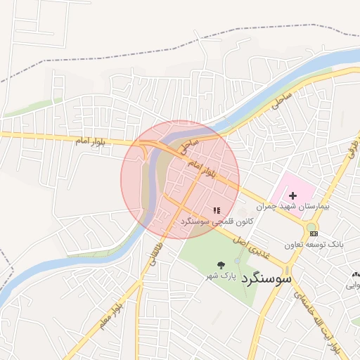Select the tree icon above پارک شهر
tap(221, 265)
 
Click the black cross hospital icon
tap(293, 195)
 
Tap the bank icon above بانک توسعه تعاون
tap(313, 233)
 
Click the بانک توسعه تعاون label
tap(314, 245)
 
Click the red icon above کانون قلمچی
tap(217, 210)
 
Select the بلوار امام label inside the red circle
tap(202, 167)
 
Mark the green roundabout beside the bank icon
tap(310, 227)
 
